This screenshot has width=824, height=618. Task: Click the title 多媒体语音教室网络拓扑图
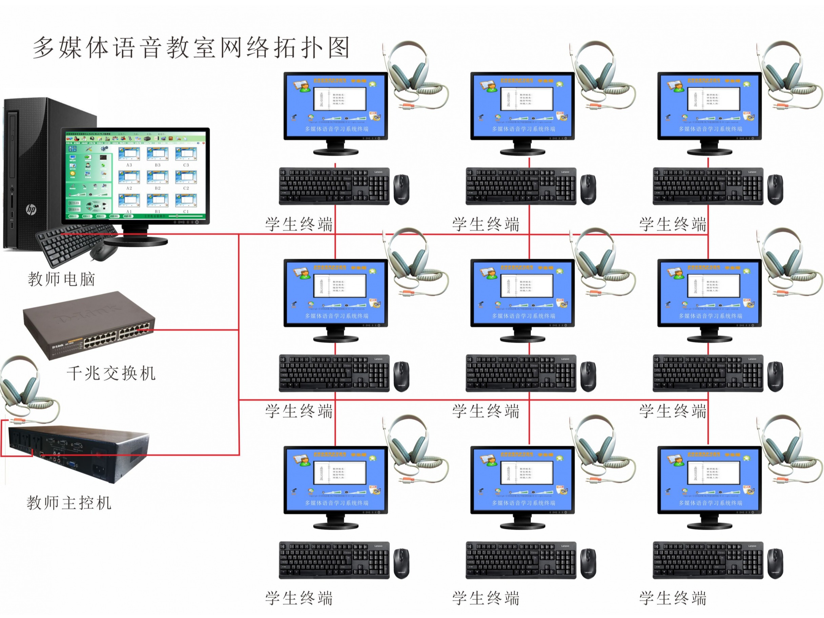pos(191,48)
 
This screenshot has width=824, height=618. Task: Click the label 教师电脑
pos(61,279)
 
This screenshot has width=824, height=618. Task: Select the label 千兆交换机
pos(111,373)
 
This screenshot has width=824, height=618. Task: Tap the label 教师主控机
pos(69,502)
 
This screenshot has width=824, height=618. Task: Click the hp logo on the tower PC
pos(31,209)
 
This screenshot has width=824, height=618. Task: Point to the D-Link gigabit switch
pos(89,325)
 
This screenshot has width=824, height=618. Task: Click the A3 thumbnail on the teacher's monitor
pos(129,154)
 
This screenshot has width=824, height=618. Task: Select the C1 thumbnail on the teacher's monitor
pos(186,201)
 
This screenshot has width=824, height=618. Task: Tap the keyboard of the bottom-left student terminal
pos(334,560)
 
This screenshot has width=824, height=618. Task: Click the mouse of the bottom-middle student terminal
pos(588,563)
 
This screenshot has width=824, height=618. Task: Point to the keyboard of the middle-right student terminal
pos(708,373)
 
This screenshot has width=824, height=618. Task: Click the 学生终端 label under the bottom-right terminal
pos(673,598)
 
